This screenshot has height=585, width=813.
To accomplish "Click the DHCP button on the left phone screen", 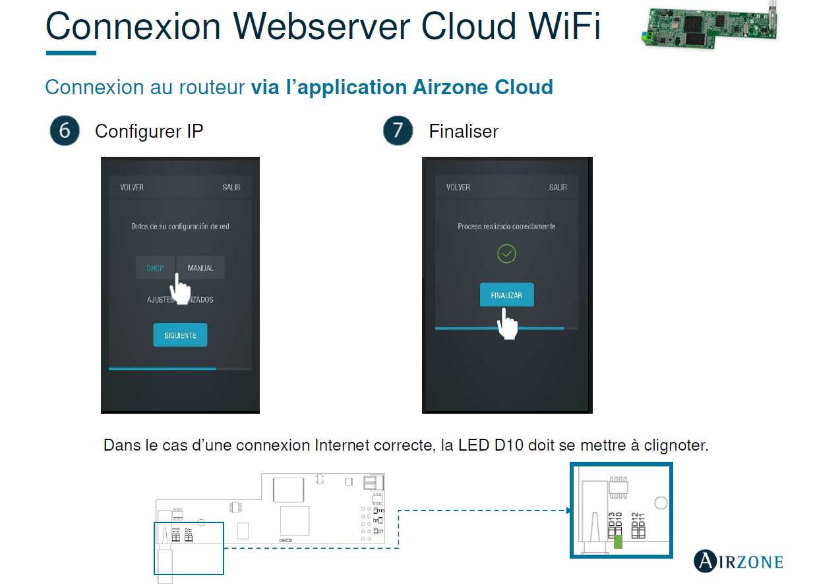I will [x=155, y=267].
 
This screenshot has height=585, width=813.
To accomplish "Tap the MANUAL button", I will [x=200, y=267].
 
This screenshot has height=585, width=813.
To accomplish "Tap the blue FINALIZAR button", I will [x=506, y=295].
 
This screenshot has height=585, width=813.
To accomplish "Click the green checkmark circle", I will [x=506, y=254].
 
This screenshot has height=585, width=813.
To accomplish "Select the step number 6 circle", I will [x=65, y=131].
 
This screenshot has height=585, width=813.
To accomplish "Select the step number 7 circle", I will [x=398, y=131].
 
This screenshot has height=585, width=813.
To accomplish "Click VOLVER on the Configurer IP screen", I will [x=132, y=187].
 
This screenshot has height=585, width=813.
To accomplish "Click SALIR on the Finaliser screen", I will [x=558, y=187].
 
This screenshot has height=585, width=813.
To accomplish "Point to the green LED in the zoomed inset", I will [x=618, y=542].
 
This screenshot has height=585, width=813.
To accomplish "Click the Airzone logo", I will [x=738, y=561].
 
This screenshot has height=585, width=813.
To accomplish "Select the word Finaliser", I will [x=464, y=131].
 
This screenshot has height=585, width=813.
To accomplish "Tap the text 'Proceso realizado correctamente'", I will [x=506, y=226].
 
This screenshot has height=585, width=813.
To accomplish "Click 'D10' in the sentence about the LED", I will [x=508, y=445].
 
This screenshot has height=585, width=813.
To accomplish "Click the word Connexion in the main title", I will [x=134, y=26].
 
